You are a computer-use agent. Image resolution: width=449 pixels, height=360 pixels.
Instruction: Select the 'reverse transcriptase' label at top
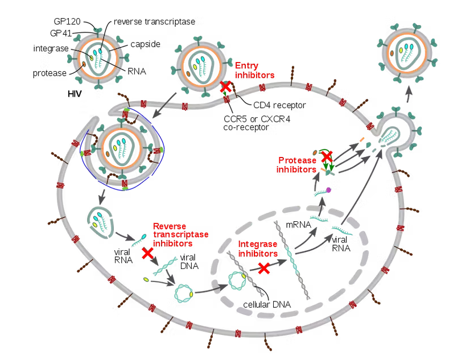click(154, 22)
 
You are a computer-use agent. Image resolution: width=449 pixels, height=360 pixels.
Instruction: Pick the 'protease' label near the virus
click(49, 73)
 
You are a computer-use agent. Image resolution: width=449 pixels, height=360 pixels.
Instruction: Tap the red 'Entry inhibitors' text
click(254, 71)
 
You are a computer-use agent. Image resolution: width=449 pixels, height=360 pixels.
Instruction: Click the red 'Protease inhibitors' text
click(296, 165)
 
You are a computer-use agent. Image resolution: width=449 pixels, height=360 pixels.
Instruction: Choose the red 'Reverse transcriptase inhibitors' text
click(180, 234)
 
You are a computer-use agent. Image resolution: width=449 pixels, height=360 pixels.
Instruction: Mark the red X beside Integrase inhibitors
click(263, 268)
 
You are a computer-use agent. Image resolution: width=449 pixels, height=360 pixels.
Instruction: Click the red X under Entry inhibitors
click(226, 87)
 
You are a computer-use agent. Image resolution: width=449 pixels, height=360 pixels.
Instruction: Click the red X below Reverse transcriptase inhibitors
click(148, 253)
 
